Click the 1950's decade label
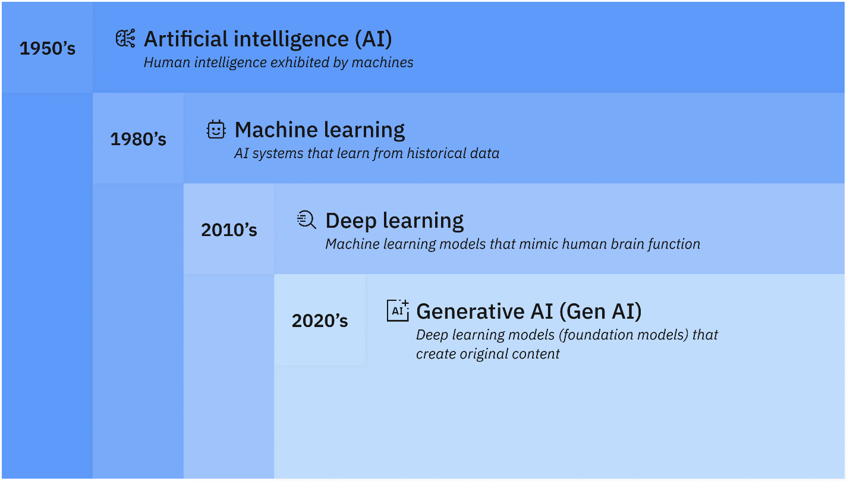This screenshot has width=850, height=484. pyautogui.click(x=48, y=48)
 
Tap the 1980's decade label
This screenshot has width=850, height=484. pyautogui.click(x=138, y=139)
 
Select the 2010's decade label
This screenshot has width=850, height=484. pyautogui.click(x=229, y=230)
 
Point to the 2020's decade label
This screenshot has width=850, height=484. pyautogui.click(x=320, y=321)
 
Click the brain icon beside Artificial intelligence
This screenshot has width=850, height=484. pyautogui.click(x=125, y=39)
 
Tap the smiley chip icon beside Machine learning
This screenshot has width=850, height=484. pyautogui.click(x=216, y=130)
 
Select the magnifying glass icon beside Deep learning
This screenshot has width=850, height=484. pyautogui.click(x=306, y=220)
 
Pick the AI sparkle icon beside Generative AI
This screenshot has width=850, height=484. pyautogui.click(x=398, y=310)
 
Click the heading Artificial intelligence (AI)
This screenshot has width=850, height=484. pyautogui.click(x=267, y=39)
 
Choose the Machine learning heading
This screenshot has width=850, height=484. pyautogui.click(x=320, y=130)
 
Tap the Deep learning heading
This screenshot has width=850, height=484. pyautogui.click(x=395, y=221)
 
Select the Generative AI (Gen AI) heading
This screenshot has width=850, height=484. pyautogui.click(x=528, y=311)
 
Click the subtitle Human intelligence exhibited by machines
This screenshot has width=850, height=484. pyautogui.click(x=278, y=62)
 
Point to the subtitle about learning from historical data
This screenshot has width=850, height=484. pyautogui.click(x=367, y=153)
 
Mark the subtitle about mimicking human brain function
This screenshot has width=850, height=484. pyautogui.click(x=512, y=244)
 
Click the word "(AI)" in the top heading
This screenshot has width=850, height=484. pyautogui.click(x=373, y=39)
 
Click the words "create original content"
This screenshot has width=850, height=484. pyautogui.click(x=487, y=354)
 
